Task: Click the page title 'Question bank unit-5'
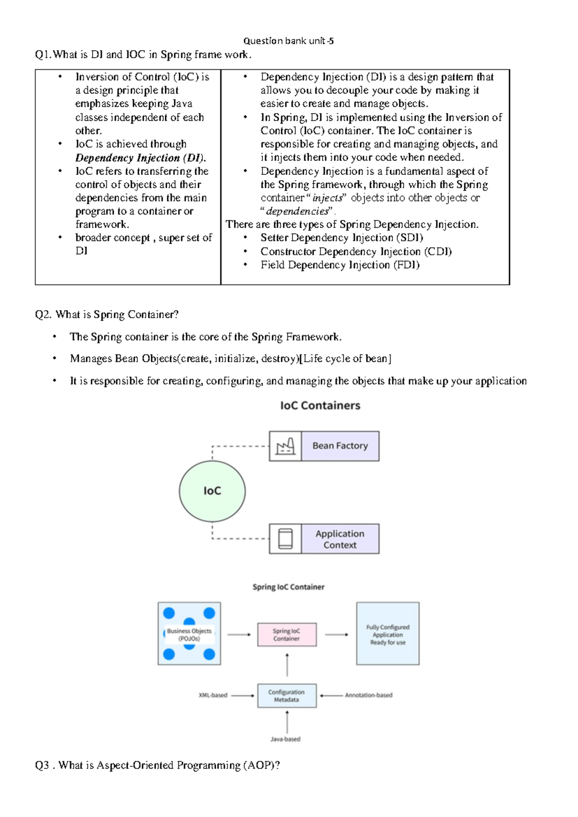288,41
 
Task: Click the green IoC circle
212,491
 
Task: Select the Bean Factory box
340,446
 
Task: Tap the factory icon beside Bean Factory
285,447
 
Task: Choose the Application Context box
340,539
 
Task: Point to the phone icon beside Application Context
285,539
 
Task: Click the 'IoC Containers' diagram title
320,406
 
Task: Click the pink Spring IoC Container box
287,634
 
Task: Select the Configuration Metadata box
287,696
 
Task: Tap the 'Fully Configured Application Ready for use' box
388,634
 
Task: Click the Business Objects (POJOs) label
189,634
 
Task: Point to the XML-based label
213,695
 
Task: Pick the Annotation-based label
368,695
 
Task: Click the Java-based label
285,739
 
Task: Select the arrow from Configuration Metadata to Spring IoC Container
287,665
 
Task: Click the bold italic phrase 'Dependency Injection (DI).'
140,158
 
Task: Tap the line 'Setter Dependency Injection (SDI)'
342,237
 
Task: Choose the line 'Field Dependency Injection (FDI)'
340,265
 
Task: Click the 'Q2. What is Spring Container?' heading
107,315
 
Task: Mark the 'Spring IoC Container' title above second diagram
288,587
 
